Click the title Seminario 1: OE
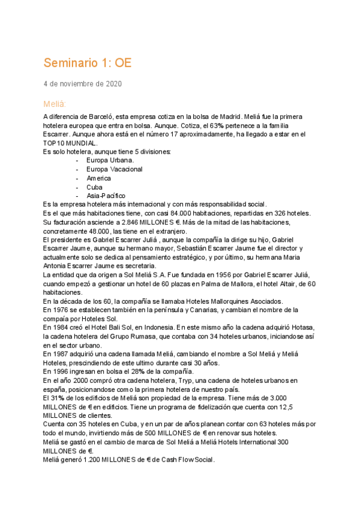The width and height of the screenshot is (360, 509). (x=87, y=63)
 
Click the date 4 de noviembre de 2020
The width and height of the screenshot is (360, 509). (x=82, y=84)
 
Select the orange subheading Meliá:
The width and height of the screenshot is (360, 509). (x=55, y=104)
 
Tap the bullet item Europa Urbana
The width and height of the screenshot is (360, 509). (x=110, y=160)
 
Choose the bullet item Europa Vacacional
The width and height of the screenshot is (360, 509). (x=115, y=169)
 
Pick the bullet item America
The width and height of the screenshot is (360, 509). (x=98, y=178)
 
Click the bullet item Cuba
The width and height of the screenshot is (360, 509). (x=94, y=187)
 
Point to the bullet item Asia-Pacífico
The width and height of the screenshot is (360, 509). (x=106, y=196)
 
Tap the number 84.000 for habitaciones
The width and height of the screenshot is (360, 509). (x=166, y=214)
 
